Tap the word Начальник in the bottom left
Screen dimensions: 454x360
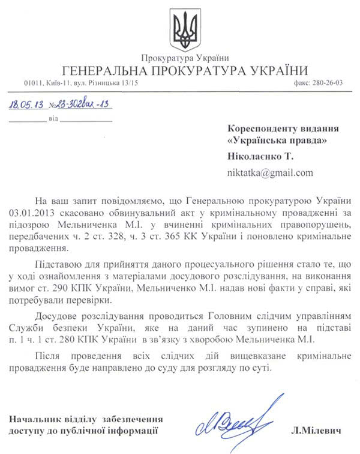point(35,418)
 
